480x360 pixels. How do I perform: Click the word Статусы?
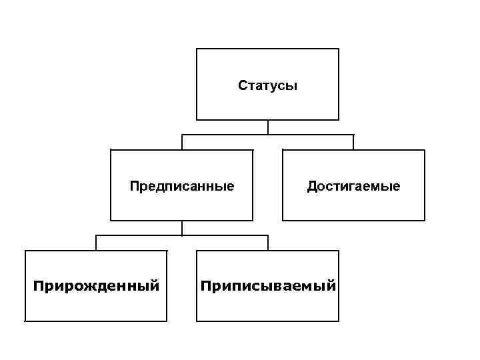coord(267,85)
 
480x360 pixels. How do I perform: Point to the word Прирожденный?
coord(97,286)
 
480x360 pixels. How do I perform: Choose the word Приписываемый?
coord(267,286)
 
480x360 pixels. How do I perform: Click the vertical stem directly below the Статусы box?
coord(267,127)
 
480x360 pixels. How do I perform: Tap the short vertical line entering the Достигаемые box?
coord(353,143)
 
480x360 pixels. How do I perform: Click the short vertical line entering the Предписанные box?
coord(182,143)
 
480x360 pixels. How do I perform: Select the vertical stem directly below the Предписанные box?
coord(182,228)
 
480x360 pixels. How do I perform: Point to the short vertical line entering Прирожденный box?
coord(96,243)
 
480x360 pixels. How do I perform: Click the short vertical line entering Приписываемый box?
coord(267,243)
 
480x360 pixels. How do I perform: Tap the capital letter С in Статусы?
coord(242,85)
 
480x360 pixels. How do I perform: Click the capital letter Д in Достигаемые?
coord(311,186)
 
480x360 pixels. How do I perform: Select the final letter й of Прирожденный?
coord(155,286)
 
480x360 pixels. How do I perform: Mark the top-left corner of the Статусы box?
coord(197,49)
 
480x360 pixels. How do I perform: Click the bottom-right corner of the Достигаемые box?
coord(425,220)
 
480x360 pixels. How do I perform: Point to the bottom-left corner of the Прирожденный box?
coord(25,321)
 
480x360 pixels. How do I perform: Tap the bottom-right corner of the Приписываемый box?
coord(339,321)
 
